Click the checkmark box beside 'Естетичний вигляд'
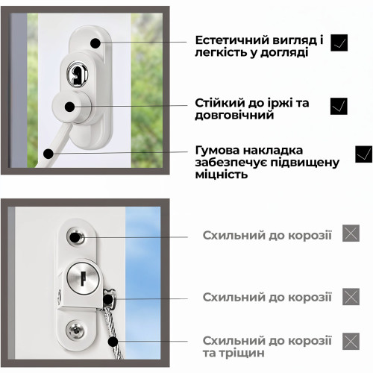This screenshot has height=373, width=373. [339, 43]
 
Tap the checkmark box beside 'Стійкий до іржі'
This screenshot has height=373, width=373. [339, 106]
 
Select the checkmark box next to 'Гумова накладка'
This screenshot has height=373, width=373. [364, 154]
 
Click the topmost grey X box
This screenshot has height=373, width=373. [351, 233]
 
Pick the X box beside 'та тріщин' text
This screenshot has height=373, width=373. [351, 341]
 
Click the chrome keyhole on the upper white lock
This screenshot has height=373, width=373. [78, 74]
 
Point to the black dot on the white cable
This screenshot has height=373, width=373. [48, 154]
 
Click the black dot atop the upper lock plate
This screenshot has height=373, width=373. [95, 43]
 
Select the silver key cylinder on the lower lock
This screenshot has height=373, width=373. [84, 278]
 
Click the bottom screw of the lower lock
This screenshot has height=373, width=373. [75, 330]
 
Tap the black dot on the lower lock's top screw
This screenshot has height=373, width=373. [75, 237]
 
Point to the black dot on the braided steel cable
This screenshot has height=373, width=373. [113, 341]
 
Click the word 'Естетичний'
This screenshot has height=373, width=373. [232, 40]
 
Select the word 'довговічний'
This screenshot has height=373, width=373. [234, 115]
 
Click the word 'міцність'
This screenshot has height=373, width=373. [222, 175]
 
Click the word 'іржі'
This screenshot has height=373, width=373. [280, 103]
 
